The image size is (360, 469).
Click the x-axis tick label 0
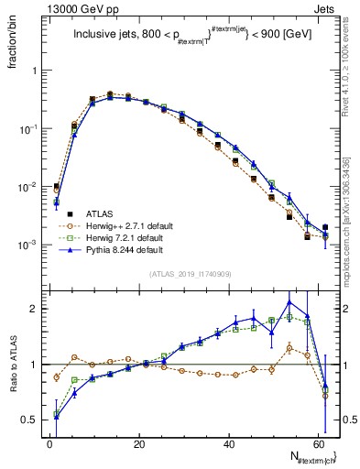(x=49, y=443)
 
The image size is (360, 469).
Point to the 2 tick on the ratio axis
(x=35, y=309)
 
